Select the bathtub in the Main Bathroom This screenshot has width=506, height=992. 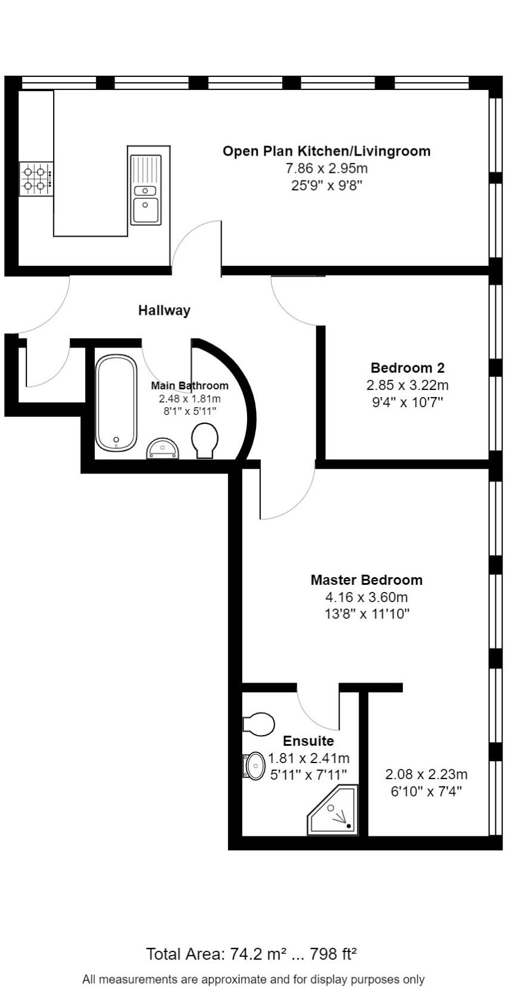[116, 402]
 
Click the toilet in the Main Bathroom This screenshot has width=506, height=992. [205, 440]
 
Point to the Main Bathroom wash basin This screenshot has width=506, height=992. [163, 448]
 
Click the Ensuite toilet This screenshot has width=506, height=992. [258, 724]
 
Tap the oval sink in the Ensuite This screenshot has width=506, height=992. [255, 765]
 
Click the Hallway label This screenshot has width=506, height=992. [164, 310]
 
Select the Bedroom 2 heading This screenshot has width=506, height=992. [408, 368]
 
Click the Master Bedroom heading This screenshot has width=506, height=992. [366, 579]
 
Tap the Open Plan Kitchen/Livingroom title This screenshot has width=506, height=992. [326, 151]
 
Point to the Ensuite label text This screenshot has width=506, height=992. [308, 741]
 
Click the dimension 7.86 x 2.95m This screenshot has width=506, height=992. [326, 168]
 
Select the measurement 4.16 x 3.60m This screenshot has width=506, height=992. [366, 597]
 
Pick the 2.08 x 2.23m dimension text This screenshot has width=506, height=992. [426, 774]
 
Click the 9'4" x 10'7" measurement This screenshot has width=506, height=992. [408, 402]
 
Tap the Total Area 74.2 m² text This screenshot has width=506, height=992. [251, 954]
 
